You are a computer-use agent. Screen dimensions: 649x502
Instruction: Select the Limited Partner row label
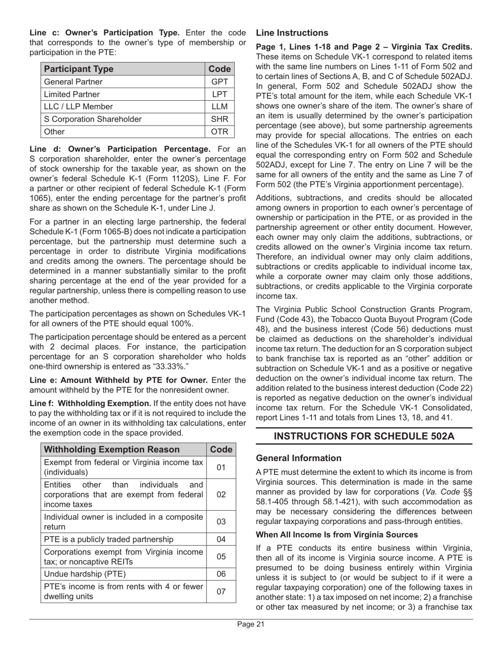tap(72, 94)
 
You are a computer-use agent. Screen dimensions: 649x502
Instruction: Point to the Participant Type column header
tap(79, 69)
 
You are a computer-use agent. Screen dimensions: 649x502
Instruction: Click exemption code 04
tap(221, 539)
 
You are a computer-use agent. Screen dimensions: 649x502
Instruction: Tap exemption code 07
tap(221, 591)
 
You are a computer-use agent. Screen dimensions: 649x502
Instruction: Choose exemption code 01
tap(221, 467)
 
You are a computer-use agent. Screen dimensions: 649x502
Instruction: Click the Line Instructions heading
tap(292, 33)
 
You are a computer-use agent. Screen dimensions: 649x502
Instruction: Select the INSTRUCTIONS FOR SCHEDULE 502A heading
tap(364, 436)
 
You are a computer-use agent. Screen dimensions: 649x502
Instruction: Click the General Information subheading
tap(299, 458)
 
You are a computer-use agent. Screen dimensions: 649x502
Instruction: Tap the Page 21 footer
tap(250, 624)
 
